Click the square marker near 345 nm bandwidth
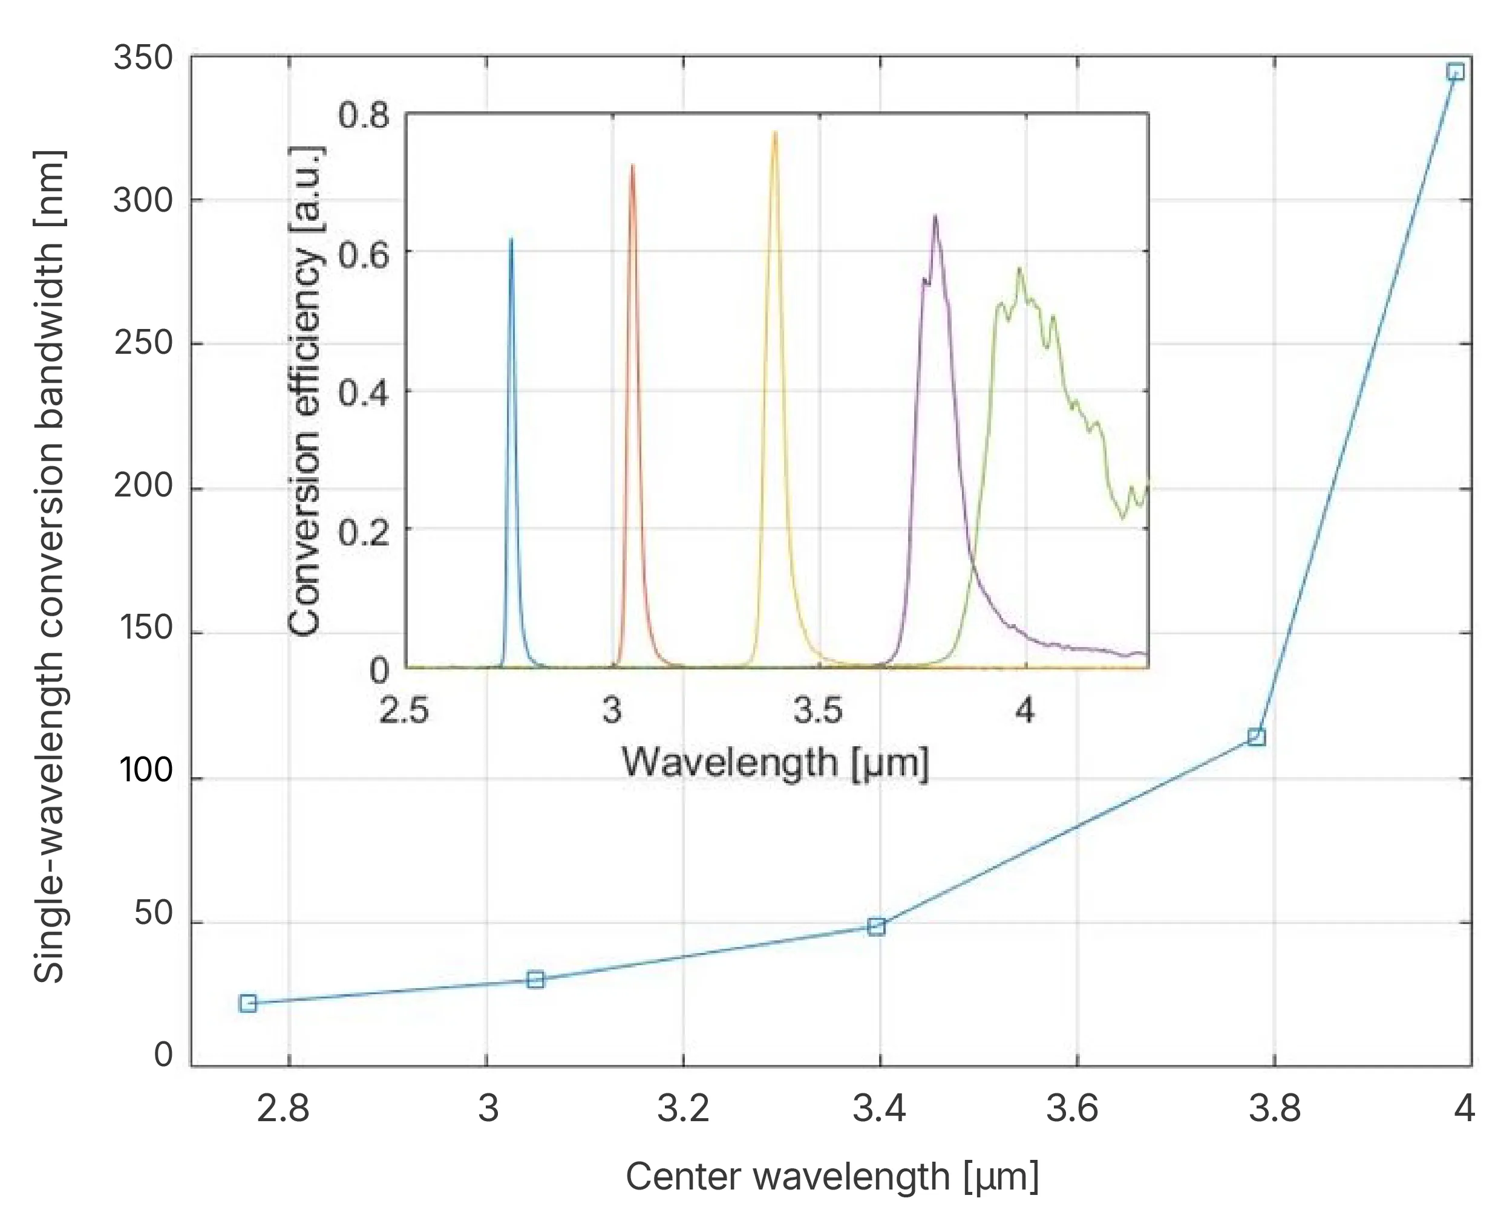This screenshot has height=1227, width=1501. coord(1455,71)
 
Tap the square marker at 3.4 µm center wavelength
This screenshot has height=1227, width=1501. coord(877,926)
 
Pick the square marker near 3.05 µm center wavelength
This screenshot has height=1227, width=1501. coord(536,979)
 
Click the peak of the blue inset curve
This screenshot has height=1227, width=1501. coord(511,239)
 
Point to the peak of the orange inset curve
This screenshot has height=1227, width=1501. coord(633,165)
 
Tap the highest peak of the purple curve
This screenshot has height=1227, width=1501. coord(935,215)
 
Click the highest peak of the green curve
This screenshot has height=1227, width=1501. coord(1019,269)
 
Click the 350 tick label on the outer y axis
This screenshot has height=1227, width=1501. coord(143,58)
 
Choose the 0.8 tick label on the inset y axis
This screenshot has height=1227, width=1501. coord(364,114)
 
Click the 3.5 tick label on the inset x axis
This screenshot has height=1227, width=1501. coord(818,709)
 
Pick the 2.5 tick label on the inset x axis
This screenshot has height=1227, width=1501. coord(404,709)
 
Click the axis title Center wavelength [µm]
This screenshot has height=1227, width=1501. coord(831,1177)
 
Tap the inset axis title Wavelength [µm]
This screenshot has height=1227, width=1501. coord(775,763)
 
